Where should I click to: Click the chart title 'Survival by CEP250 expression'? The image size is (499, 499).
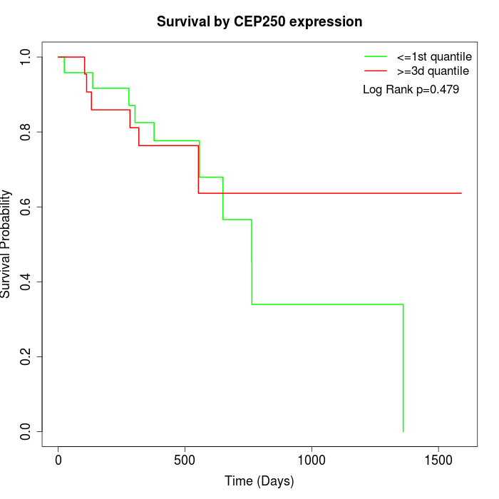[259, 21]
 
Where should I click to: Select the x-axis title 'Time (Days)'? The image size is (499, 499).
[259, 481]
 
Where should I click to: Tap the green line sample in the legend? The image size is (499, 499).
[376, 56]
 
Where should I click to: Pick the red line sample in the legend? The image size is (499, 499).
[376, 71]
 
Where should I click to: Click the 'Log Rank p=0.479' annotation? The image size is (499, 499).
[411, 90]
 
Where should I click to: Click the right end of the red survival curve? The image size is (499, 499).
[461, 193]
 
